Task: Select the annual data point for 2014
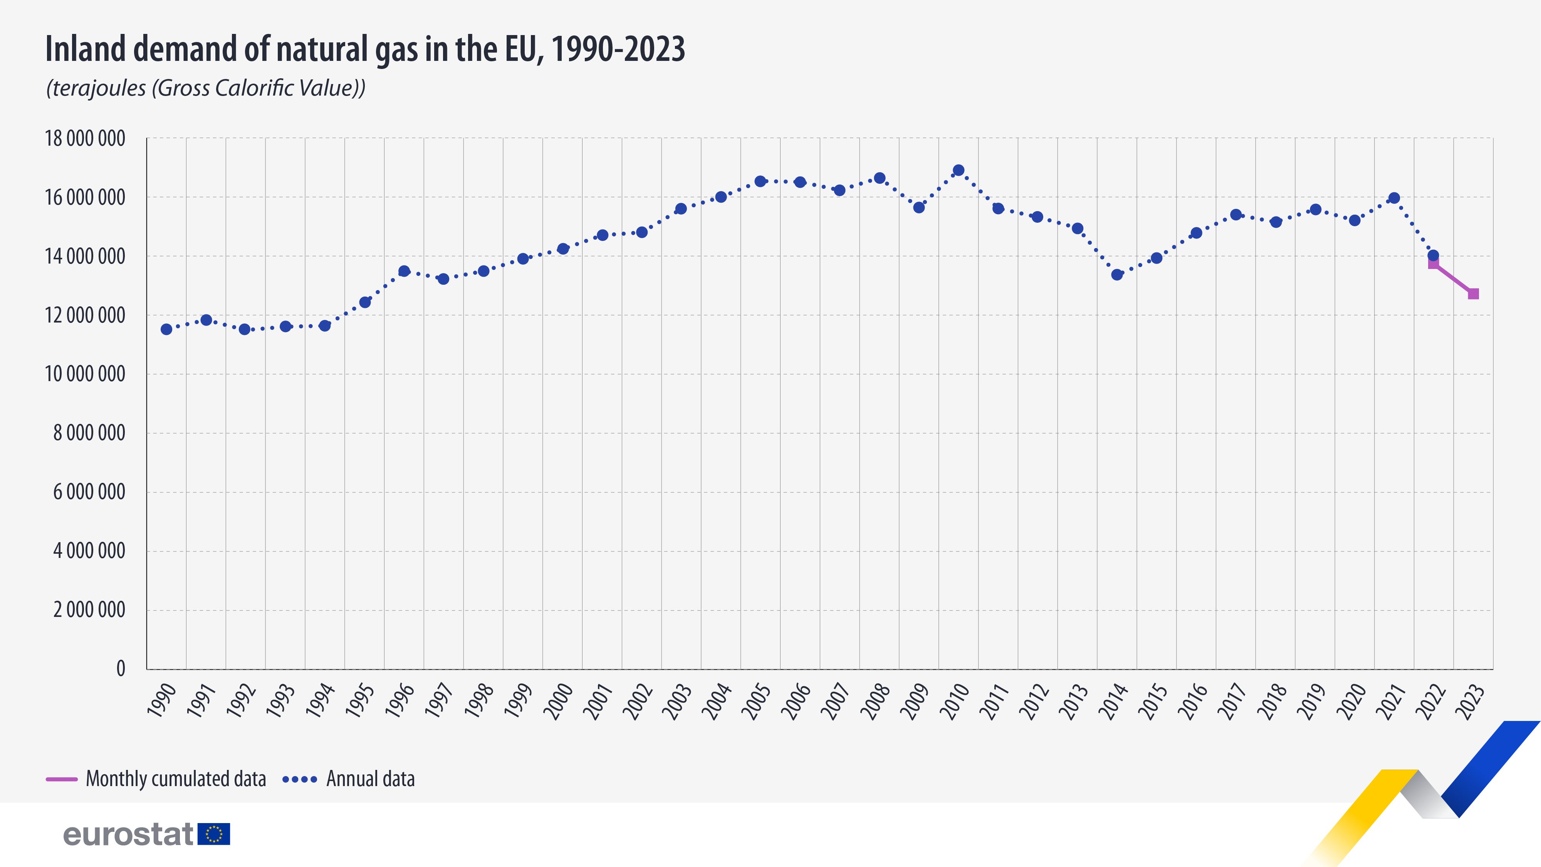pyautogui.click(x=1117, y=275)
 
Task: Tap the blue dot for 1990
pyautogui.click(x=166, y=329)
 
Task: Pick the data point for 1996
pyautogui.click(x=404, y=271)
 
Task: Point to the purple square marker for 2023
pyautogui.click(x=1474, y=294)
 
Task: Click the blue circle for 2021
pyautogui.click(x=1394, y=198)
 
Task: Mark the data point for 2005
pyautogui.click(x=760, y=181)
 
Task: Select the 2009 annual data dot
pyautogui.click(x=919, y=208)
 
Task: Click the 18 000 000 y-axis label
pyautogui.click(x=85, y=139)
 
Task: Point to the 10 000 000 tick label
pyautogui.click(x=85, y=374)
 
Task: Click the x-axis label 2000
pyautogui.click(x=557, y=702)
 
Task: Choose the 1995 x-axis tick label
pyautogui.click(x=359, y=702)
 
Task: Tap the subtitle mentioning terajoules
pyautogui.click(x=205, y=88)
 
